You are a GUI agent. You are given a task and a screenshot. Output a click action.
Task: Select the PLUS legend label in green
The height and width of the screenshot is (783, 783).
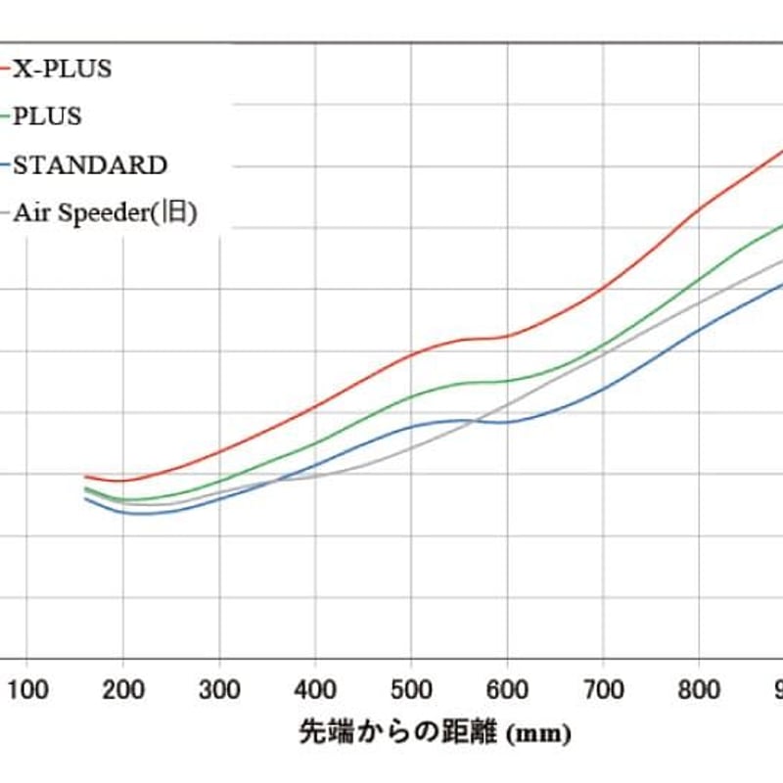tap(47, 116)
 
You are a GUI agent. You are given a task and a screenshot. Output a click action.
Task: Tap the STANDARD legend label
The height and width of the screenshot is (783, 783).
tap(90, 164)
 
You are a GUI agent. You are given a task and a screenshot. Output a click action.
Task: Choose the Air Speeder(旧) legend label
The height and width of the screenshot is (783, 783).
tap(106, 213)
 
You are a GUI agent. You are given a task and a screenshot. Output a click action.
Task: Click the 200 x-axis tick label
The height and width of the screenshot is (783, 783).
tap(122, 689)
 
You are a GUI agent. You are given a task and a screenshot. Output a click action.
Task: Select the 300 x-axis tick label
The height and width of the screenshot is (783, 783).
tap(218, 689)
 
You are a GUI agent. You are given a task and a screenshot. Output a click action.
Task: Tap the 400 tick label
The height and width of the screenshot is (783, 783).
tap(314, 689)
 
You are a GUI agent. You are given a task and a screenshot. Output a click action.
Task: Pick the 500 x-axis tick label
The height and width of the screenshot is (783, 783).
tap(410, 689)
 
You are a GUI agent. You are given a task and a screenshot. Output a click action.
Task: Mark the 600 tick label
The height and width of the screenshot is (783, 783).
tap(506, 689)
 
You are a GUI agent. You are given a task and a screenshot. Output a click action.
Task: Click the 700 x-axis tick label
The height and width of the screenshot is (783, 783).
tap(602, 689)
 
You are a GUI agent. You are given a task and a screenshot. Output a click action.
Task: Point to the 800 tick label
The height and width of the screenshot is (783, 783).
tap(698, 689)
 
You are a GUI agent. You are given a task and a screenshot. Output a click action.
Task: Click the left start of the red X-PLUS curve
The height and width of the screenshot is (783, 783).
tap(86, 476)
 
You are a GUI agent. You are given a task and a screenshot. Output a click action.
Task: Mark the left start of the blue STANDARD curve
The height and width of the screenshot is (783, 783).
tap(86, 498)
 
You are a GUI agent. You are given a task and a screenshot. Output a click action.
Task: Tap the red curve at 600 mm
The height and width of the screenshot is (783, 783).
tap(506, 337)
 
